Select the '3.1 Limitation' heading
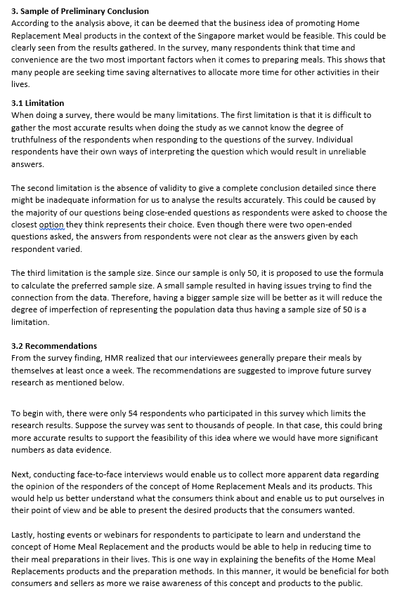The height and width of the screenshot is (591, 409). pos(38,103)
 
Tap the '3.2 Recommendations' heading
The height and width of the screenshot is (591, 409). pos(55,346)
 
